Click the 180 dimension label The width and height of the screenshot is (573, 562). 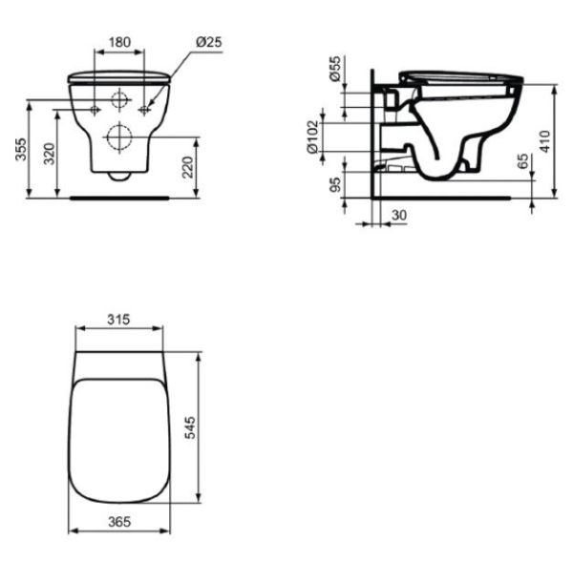point(119,42)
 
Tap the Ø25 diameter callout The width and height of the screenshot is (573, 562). point(208,42)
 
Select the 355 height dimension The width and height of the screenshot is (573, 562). point(21,149)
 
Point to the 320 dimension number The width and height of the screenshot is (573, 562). point(49,154)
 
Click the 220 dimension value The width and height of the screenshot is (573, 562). point(187,167)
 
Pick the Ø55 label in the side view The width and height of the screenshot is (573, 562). point(335,69)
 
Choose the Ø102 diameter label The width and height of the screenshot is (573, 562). point(313,137)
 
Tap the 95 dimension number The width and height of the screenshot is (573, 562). point(335,184)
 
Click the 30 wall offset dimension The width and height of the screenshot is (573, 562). point(398,215)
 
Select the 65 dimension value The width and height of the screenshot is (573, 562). point(523,161)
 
